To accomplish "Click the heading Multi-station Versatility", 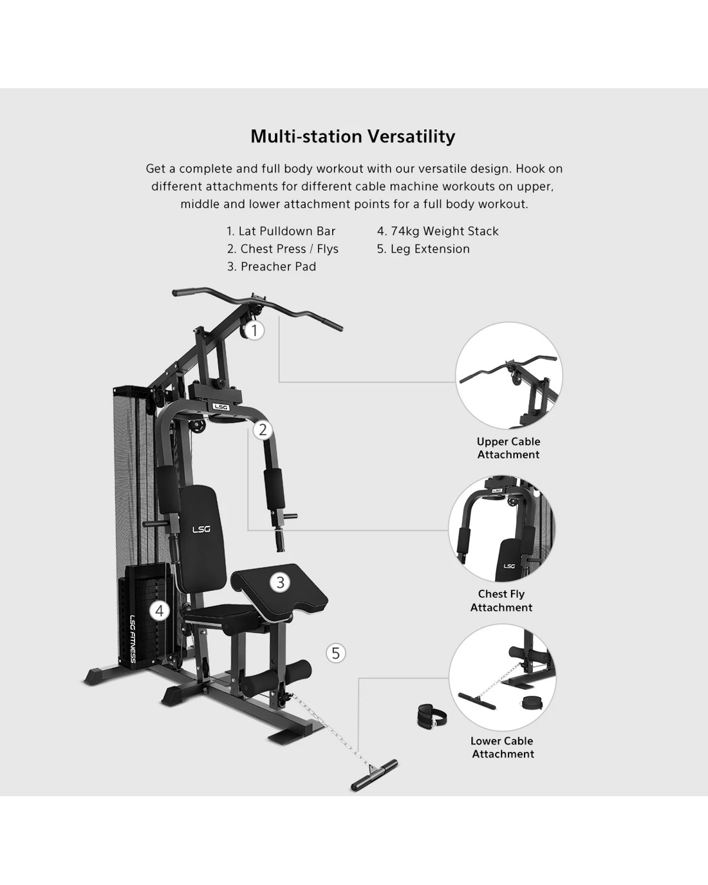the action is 353,136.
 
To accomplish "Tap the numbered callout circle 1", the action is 254,330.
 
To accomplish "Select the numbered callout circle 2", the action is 263,430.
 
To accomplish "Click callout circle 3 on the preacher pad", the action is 280,582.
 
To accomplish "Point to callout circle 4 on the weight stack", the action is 160,611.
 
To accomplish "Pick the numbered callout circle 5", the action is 336,653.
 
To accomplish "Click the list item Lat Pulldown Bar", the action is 281,231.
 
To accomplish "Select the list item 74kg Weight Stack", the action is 438,231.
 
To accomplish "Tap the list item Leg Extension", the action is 424,249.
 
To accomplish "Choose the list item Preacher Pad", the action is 272,266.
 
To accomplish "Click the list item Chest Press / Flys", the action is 283,249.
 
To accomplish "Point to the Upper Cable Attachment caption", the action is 508,448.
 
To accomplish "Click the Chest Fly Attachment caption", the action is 501,601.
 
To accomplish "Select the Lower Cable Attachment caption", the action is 502,747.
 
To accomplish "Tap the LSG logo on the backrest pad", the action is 201,529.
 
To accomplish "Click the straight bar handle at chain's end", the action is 374,775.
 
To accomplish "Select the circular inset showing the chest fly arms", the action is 501,528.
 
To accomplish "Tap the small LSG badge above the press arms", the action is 221,407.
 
